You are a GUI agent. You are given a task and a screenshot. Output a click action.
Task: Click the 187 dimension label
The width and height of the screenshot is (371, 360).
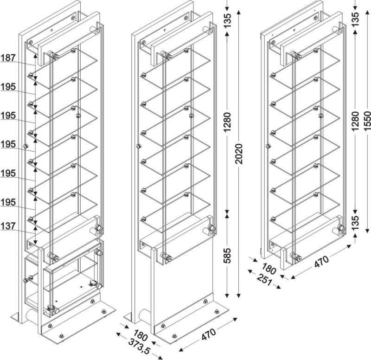coord(8,58)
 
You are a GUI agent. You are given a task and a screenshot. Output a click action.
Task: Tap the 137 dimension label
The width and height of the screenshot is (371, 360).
coord(8,226)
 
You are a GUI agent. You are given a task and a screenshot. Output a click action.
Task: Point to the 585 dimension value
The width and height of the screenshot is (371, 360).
coord(227,256)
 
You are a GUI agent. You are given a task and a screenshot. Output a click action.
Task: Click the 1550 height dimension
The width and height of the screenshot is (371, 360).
coord(367,121)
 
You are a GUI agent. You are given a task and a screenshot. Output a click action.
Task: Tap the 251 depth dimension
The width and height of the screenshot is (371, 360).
coord(264,279)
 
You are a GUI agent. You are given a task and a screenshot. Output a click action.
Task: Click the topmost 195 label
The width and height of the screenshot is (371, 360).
coord(8,87)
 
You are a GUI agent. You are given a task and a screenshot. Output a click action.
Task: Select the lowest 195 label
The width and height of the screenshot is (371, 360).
coord(8,202)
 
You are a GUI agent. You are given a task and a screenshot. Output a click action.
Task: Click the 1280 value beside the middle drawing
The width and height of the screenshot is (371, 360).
coord(227,122)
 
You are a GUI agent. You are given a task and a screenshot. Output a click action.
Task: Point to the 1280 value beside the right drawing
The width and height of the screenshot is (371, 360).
coord(355,121)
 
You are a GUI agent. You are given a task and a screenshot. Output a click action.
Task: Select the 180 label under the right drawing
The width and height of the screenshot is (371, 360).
coord(269,269)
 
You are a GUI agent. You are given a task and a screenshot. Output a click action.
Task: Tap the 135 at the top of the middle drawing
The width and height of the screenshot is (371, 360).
coord(227,21)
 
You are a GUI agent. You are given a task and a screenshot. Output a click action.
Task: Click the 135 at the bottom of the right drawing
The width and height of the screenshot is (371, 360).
coord(355,223)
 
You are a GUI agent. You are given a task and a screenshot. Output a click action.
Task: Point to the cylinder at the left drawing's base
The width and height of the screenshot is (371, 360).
coord(32,315)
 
